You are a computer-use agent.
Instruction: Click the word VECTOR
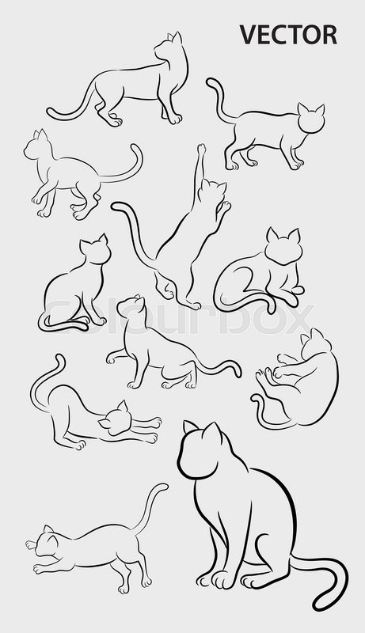pyautogui.click(x=288, y=35)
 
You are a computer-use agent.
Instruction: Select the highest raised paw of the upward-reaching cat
pyautogui.click(x=201, y=149)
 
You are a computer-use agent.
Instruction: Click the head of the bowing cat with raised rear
pyautogui.click(x=116, y=420)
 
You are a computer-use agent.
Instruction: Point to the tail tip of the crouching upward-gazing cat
pyautogui.click(x=238, y=365)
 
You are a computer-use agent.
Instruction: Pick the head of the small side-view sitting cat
pyautogui.click(x=95, y=250)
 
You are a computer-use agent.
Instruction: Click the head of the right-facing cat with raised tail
pyautogui.click(x=310, y=119)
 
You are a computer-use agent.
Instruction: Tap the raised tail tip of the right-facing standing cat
pyautogui.click(x=211, y=81)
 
